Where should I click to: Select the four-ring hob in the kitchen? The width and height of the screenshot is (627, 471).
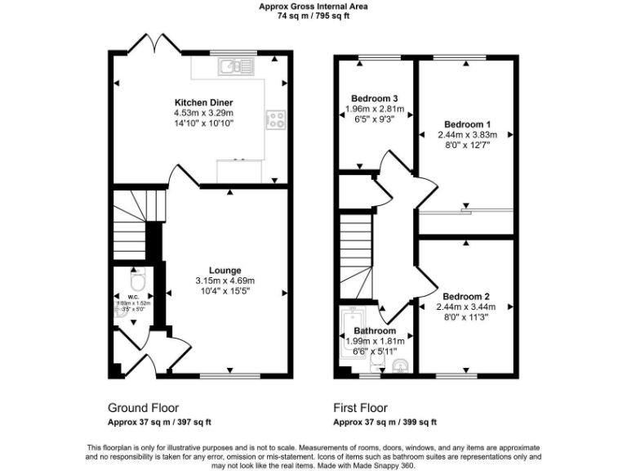[275, 120]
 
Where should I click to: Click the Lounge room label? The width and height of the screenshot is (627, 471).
[225, 270]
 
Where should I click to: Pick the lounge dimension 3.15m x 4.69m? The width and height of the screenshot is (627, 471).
[225, 280]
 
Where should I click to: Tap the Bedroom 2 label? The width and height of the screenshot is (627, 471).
[466, 296]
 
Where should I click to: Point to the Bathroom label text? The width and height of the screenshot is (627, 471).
[375, 331]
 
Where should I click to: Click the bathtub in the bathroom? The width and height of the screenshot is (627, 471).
[354, 335]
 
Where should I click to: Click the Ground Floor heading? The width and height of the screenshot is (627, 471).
[143, 407]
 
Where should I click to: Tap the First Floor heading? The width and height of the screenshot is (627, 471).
[360, 407]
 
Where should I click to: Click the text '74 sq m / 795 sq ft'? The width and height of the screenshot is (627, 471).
[313, 15]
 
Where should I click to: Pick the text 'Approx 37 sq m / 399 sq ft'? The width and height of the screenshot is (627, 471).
[385, 422]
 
